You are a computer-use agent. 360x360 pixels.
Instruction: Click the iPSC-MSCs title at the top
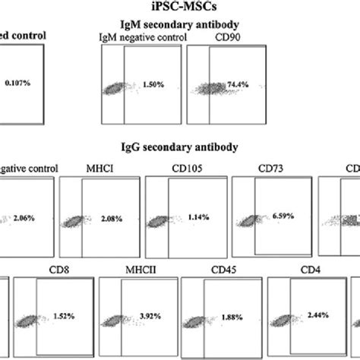tap(180, 8)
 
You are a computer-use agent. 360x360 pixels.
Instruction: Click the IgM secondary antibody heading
tap(180, 24)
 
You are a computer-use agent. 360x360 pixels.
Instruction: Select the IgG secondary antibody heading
tap(180, 146)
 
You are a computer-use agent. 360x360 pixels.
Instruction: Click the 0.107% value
tap(21, 81)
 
